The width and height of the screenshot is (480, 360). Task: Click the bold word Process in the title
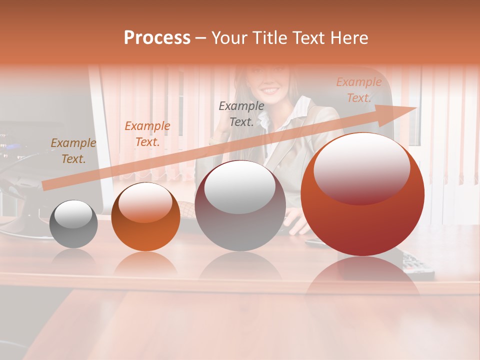click(157, 38)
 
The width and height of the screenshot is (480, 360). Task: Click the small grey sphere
click(73, 224)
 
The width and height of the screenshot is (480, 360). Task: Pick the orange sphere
click(145, 217)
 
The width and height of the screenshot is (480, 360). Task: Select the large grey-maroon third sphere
click(240, 206)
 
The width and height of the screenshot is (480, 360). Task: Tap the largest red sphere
click(362, 194)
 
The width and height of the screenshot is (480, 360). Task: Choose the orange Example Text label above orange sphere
click(147, 134)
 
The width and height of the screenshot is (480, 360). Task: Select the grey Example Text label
click(241, 113)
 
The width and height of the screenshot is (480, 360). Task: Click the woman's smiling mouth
click(270, 91)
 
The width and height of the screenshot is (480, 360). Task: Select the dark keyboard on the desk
click(417, 265)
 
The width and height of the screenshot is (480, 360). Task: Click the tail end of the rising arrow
click(46, 185)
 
